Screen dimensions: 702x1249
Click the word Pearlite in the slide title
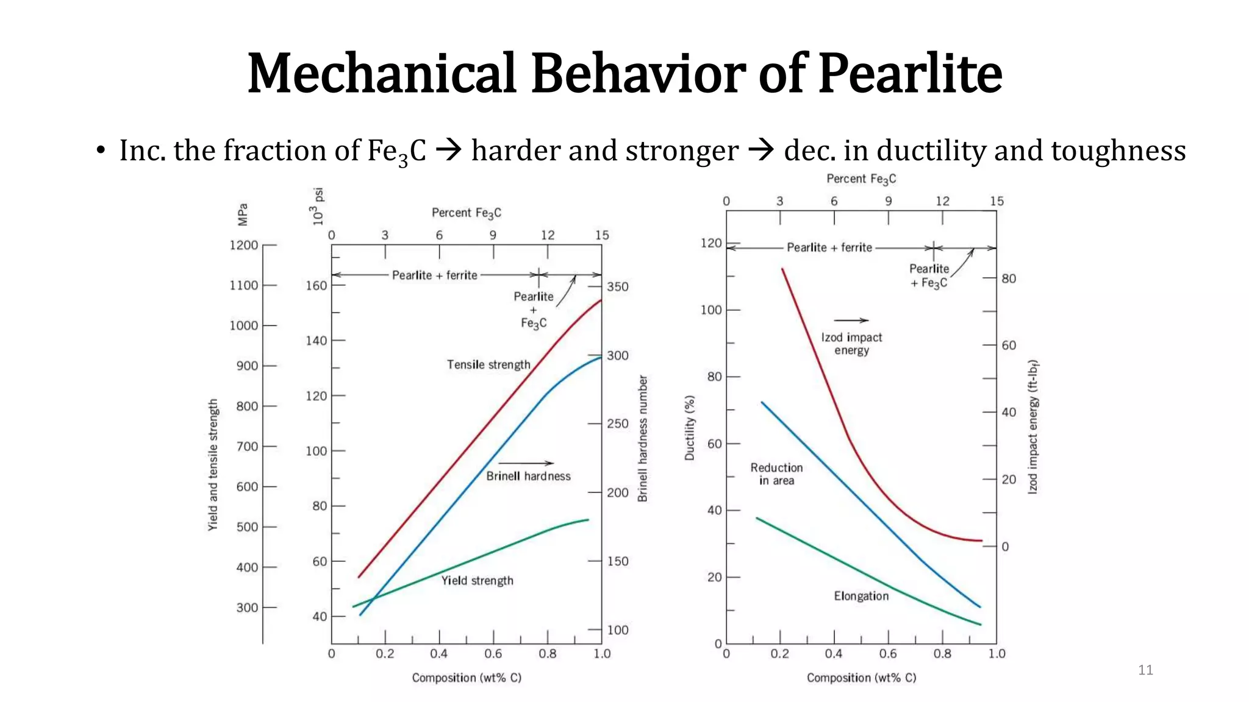click(x=910, y=74)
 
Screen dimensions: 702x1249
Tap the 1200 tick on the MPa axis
click(x=244, y=245)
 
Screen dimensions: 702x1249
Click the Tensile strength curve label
click(x=489, y=364)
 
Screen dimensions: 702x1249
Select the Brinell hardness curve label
click(x=528, y=476)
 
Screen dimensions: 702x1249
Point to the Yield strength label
click(x=477, y=580)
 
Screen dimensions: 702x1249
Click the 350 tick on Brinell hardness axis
click(x=617, y=286)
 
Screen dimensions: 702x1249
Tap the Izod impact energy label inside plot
click(x=851, y=344)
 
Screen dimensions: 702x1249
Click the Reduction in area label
click(x=776, y=473)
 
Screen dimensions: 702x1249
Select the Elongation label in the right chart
click(x=861, y=596)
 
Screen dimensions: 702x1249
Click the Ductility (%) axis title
click(x=690, y=428)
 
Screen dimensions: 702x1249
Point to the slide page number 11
click(x=1145, y=670)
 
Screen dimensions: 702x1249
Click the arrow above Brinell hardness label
click(x=526, y=463)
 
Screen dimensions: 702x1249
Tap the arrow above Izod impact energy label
click(x=851, y=320)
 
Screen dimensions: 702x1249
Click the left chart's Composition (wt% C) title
click(x=467, y=678)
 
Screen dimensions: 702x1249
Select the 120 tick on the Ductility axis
click(x=710, y=243)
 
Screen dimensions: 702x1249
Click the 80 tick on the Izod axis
click(x=1009, y=278)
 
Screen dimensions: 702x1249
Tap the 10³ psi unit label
click(x=318, y=207)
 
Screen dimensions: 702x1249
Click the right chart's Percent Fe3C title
click(x=861, y=179)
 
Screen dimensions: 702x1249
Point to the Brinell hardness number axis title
click(x=642, y=439)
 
